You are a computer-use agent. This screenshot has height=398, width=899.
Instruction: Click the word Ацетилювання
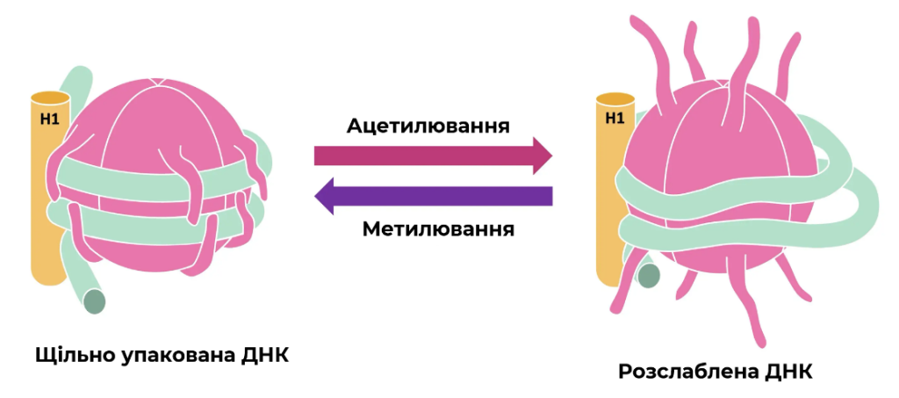point(428,126)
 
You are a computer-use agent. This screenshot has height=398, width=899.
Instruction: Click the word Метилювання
point(438,229)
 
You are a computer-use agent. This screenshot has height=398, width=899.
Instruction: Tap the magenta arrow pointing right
point(433,156)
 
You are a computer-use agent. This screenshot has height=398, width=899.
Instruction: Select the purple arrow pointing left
point(434,196)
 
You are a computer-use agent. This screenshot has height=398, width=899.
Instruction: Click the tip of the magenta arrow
point(552,156)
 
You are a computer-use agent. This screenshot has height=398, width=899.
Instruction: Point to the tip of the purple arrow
point(315,196)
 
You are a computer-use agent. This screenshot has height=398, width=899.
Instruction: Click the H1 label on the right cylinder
point(615,119)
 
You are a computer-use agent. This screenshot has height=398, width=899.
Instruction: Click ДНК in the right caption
point(789,372)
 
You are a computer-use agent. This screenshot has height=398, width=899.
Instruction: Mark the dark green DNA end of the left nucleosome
point(95,301)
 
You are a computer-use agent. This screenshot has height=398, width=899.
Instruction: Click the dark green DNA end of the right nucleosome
point(649,276)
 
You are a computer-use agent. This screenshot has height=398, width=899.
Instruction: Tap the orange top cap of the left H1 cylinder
point(50,99)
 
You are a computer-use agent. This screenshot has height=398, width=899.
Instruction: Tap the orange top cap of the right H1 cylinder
point(615,99)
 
